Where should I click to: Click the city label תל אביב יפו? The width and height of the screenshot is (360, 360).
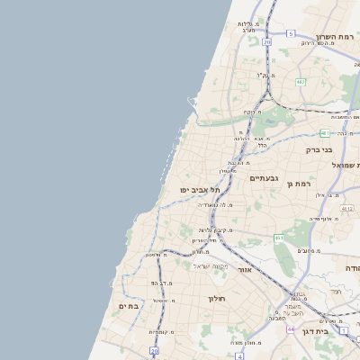(194, 190)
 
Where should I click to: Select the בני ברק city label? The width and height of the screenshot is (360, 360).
(319, 150)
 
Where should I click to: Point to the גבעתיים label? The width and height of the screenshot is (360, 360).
(265, 178)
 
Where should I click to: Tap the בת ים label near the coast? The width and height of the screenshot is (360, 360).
(129, 306)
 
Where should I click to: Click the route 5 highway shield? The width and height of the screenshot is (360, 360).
(291, 33)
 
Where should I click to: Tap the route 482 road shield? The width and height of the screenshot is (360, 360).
(301, 82)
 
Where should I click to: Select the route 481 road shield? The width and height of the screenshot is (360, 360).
(324, 132)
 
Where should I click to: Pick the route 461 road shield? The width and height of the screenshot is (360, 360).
(280, 238)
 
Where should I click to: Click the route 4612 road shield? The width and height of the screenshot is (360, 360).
(346, 209)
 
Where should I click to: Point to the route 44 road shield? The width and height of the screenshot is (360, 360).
(291, 329)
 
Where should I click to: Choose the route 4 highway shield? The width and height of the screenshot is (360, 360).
(239, 355)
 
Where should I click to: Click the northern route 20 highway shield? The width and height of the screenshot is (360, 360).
(266, 41)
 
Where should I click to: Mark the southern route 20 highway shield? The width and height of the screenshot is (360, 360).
(155, 350)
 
